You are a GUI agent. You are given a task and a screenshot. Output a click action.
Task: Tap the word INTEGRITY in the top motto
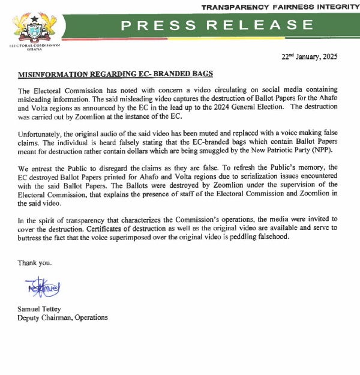[331, 7]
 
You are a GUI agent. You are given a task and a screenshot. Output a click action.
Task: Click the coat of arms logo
[35, 27]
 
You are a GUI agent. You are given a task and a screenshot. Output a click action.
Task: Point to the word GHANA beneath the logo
[35, 50]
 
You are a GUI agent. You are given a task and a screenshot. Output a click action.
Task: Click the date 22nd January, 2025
[310, 58]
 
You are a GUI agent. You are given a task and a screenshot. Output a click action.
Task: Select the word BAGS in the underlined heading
[200, 74]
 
